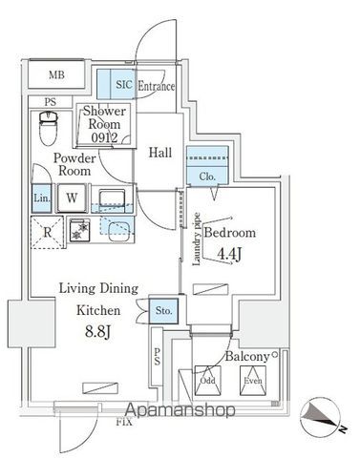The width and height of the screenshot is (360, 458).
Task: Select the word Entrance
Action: pos(157,87)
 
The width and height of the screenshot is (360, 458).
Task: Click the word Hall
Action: pos(159,150)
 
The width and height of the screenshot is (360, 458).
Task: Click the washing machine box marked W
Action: pos(72,198)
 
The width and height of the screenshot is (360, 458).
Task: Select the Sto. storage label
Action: pos(162,309)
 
